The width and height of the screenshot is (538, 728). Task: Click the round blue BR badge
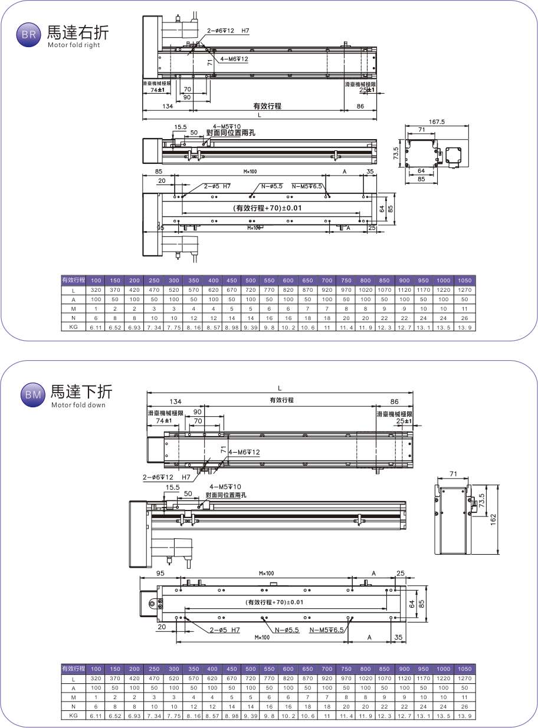click(x=28, y=35)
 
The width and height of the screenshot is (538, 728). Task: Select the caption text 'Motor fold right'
click(x=74, y=45)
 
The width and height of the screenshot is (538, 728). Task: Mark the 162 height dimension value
click(x=494, y=518)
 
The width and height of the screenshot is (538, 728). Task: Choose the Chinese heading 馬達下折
click(x=81, y=391)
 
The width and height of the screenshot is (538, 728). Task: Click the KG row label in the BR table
click(x=74, y=327)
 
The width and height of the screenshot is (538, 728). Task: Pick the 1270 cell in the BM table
click(x=464, y=679)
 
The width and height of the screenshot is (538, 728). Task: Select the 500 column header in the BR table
click(x=250, y=280)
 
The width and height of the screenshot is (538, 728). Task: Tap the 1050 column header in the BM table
click(x=464, y=669)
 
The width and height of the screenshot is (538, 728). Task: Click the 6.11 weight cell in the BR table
click(x=97, y=327)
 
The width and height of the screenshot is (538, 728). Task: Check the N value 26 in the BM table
click(x=464, y=706)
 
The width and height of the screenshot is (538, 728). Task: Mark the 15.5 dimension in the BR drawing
click(x=180, y=127)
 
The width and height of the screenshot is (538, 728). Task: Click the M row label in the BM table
click(x=74, y=697)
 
